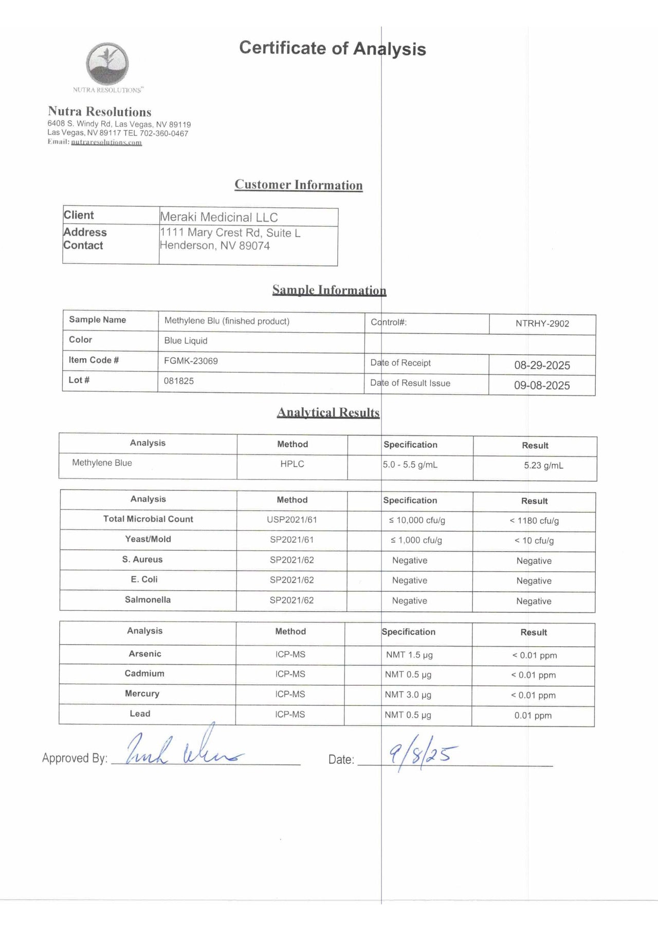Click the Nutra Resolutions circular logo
[x=107, y=64]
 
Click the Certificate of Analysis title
[x=332, y=48]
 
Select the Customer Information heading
[x=298, y=185]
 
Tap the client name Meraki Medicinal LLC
[x=218, y=217]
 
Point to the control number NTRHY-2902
[x=542, y=324]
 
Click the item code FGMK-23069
[x=191, y=361]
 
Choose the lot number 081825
[x=178, y=381]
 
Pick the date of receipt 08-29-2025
[x=542, y=366]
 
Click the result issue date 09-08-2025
[x=542, y=386]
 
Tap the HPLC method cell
[x=292, y=464]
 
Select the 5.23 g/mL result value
[x=543, y=466]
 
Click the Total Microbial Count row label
[x=148, y=519]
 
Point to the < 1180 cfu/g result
[x=534, y=521]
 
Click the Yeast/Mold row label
[x=148, y=539]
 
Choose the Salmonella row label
[x=148, y=600]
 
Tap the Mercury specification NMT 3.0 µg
[x=408, y=695]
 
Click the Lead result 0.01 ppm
[x=533, y=716]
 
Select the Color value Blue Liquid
[x=186, y=341]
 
